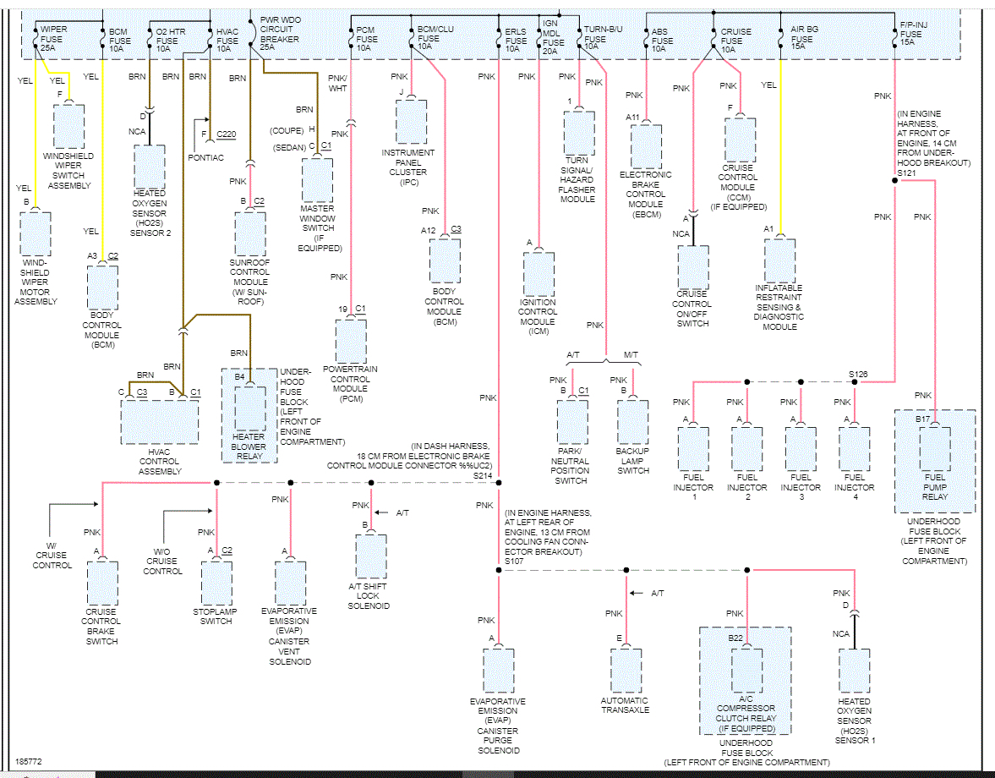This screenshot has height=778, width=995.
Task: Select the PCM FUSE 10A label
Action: coord(367,39)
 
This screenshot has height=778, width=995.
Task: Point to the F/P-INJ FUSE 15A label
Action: coord(912,39)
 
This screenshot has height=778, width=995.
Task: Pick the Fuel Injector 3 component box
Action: coord(801,448)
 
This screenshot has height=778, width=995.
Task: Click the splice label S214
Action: coord(483,476)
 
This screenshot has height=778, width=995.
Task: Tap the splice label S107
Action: coord(514,562)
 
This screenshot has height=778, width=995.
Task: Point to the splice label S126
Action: coord(859,374)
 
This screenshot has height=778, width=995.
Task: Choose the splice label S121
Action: coord(907,173)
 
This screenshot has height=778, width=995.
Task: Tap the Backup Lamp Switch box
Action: coord(632,421)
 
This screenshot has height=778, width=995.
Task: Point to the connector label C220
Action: coord(226,134)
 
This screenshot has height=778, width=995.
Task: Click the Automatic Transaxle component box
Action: coord(626,670)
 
